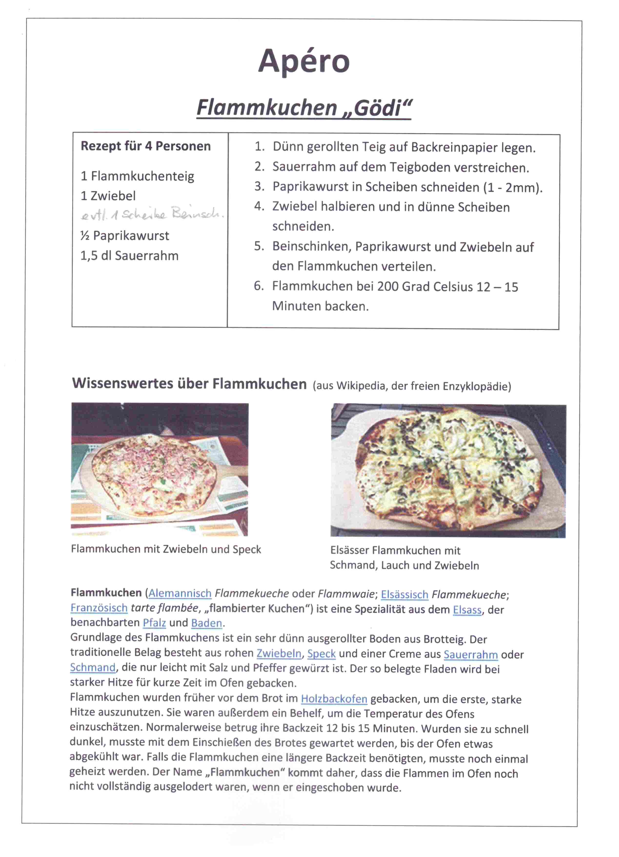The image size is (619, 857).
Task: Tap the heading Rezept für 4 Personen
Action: [x=145, y=146]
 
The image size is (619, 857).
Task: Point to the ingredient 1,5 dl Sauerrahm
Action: [x=129, y=256]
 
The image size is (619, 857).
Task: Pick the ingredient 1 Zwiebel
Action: [x=108, y=196]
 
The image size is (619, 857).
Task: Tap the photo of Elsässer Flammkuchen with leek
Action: [x=448, y=470]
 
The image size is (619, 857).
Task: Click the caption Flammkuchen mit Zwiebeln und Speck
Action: [x=166, y=549]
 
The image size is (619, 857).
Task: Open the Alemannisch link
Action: [x=180, y=594]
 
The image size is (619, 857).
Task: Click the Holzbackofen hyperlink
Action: [x=334, y=699]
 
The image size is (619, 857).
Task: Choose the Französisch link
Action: [x=99, y=608]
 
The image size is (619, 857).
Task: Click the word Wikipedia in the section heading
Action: [x=361, y=386]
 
